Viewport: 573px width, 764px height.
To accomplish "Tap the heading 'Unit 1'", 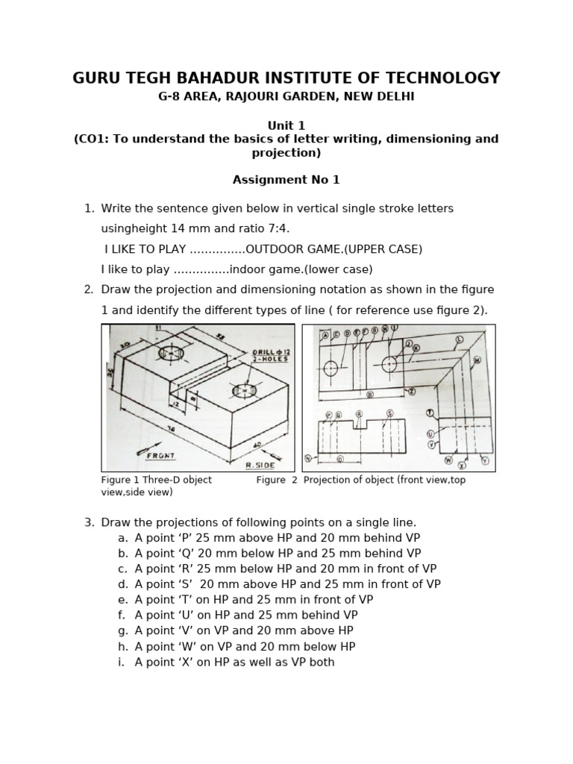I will (286, 125).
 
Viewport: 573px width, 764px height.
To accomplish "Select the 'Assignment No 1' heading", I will (286, 180).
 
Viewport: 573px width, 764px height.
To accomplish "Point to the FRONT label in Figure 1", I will (160, 455).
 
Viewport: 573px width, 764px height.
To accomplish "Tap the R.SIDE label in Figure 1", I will (260, 464).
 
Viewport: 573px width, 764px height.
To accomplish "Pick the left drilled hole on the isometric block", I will (171, 353).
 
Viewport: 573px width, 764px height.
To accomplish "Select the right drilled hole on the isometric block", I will (244, 389).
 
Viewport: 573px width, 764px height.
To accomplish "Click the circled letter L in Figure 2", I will (459, 339).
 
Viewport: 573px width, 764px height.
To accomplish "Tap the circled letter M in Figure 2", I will (477, 360).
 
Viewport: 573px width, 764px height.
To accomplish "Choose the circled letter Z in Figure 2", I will (411, 391).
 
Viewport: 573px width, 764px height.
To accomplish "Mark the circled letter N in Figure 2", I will (307, 458).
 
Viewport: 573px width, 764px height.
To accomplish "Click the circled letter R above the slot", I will (359, 414).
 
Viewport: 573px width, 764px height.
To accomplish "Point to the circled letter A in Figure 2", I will (325, 336).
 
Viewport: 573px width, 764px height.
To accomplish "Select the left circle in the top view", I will (331, 368).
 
